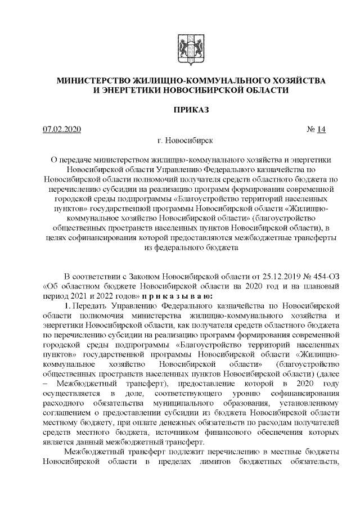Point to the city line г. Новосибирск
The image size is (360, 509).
(191, 140)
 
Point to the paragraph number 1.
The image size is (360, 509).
(67, 305)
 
